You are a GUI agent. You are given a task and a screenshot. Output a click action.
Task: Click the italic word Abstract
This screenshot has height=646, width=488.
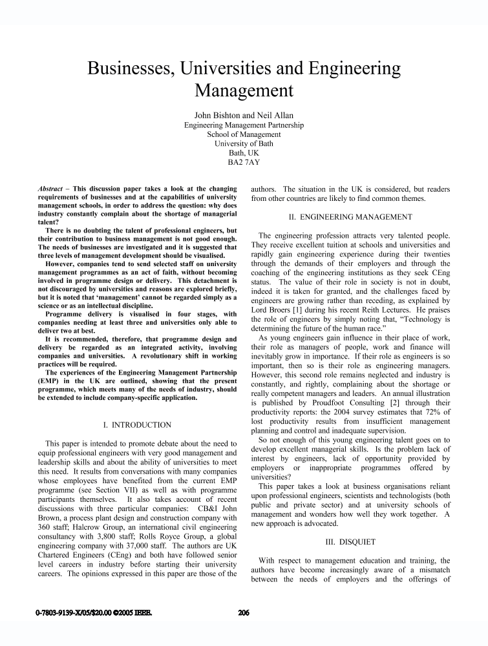click(53, 188)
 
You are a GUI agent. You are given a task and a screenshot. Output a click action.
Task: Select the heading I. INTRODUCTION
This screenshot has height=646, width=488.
click(137, 425)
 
